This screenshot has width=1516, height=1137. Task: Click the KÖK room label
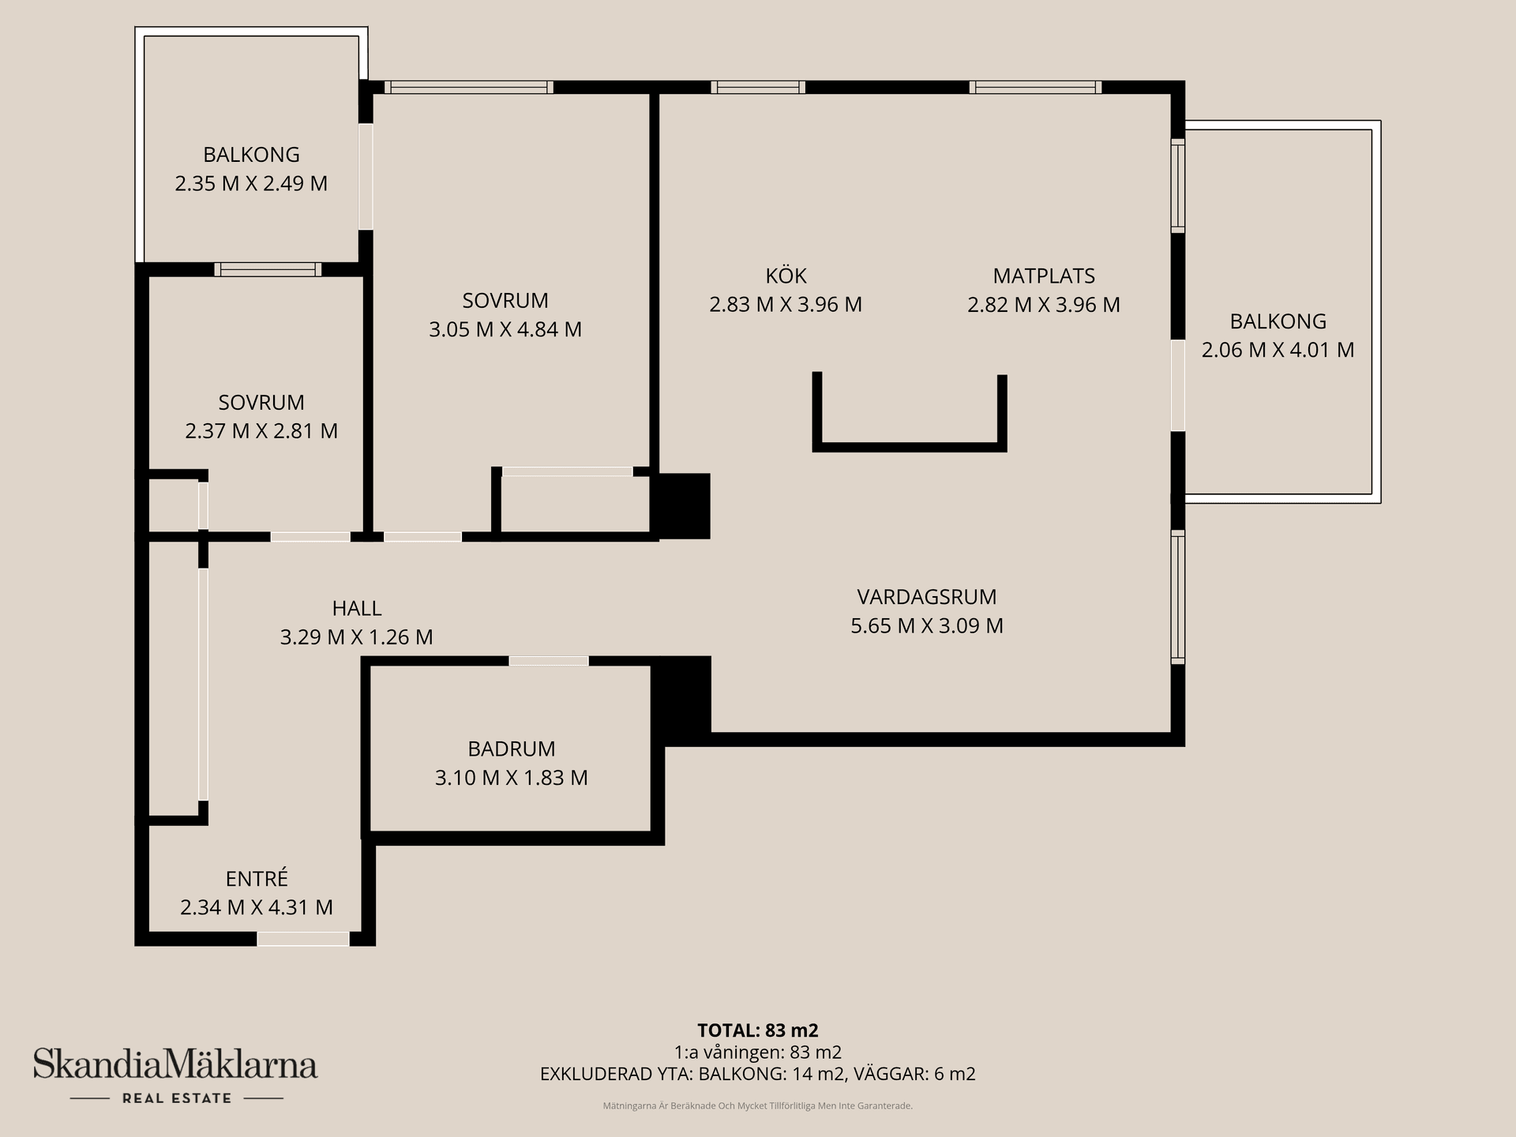click(786, 276)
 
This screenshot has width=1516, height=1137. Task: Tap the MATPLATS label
click(1044, 276)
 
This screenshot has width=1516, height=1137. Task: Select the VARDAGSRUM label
click(927, 596)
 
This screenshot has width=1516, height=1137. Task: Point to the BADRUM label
click(511, 749)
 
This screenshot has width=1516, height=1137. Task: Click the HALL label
click(357, 608)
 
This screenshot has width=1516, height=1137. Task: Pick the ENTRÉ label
click(257, 878)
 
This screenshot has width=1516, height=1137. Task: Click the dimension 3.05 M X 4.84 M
click(505, 329)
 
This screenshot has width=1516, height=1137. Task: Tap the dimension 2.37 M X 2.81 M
click(261, 431)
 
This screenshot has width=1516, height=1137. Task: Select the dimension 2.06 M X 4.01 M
click(1278, 350)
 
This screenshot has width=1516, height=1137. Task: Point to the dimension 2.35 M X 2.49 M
click(251, 183)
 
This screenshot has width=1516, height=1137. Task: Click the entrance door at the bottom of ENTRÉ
click(303, 939)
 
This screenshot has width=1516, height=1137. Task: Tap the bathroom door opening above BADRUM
click(549, 661)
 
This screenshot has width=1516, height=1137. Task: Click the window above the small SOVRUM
click(268, 269)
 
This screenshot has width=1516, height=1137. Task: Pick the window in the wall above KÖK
click(758, 87)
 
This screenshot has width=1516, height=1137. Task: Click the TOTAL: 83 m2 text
click(758, 1030)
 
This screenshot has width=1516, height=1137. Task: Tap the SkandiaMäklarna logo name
click(175, 1064)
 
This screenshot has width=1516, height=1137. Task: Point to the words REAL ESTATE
click(177, 1098)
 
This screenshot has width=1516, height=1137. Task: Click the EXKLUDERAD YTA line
click(758, 1074)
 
